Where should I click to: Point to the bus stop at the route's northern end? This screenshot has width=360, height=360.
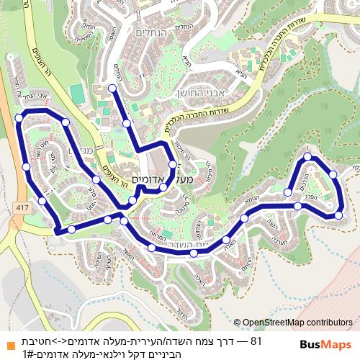pyautogui.click(x=112, y=88)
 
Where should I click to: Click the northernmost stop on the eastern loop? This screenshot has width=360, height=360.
pyautogui.click(x=307, y=156)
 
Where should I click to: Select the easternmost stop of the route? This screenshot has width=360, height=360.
pyautogui.click(x=339, y=215)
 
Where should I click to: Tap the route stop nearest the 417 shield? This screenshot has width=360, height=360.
pyautogui.click(x=43, y=202)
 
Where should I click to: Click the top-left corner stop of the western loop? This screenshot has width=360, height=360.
pyautogui.click(x=22, y=114)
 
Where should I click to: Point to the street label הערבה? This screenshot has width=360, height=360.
pyautogui.click(x=269, y=224)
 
